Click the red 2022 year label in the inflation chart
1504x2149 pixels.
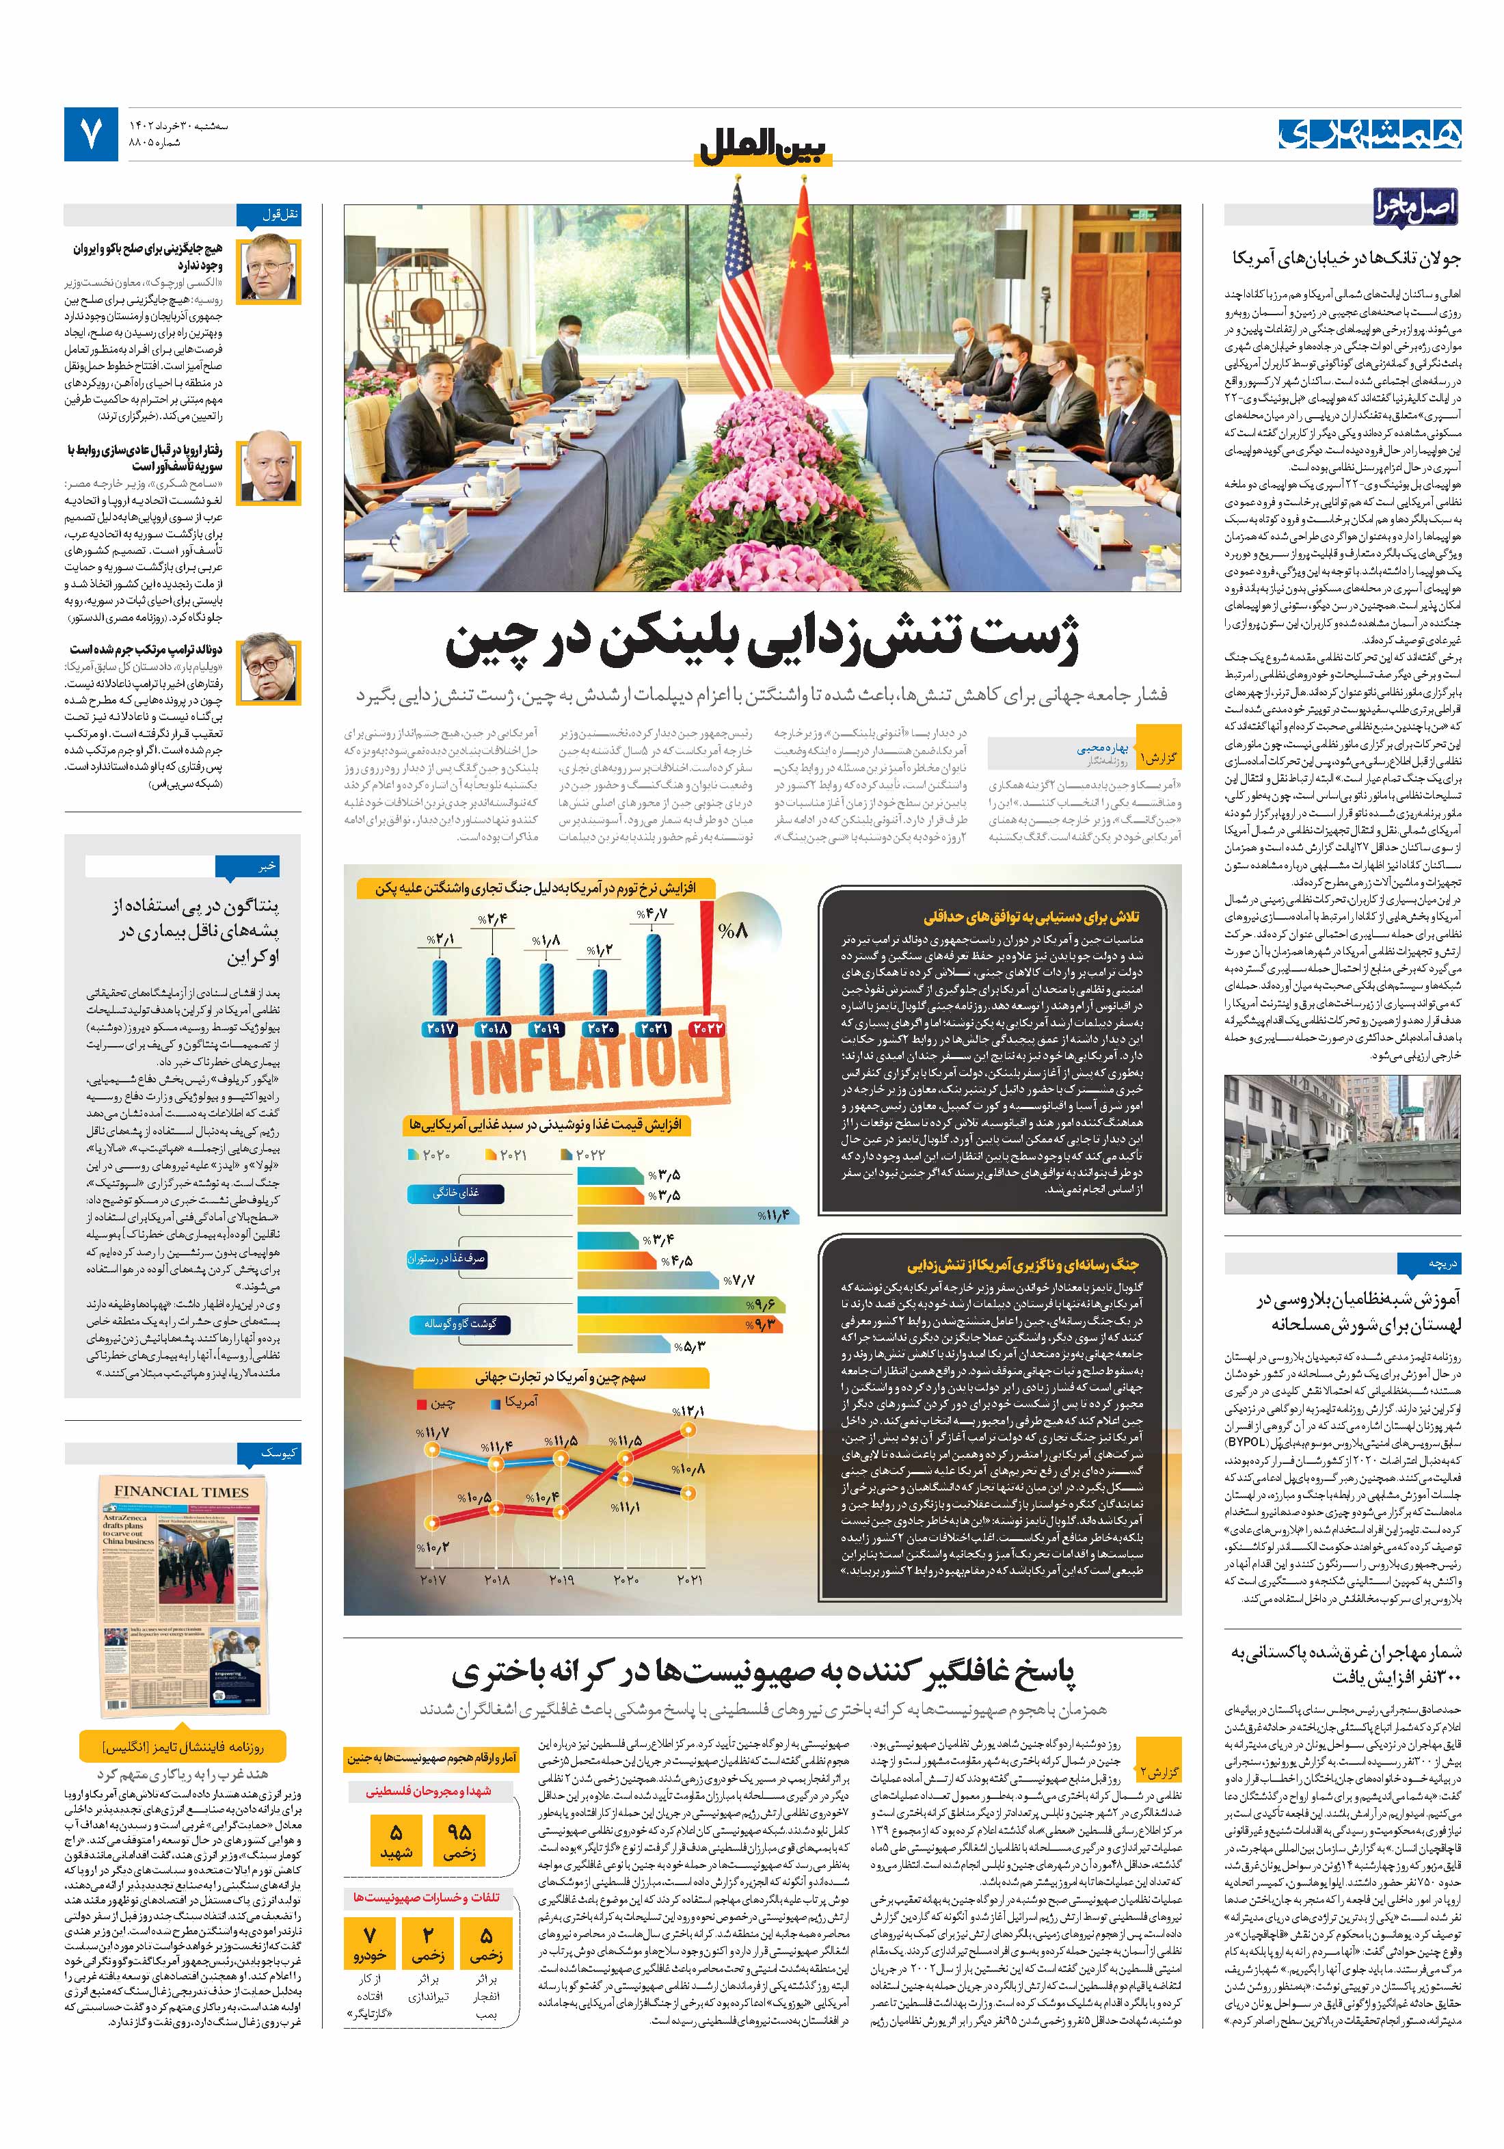tap(708, 1028)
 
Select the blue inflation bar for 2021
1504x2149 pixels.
tap(654, 974)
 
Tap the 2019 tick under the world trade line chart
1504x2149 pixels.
tap(560, 1581)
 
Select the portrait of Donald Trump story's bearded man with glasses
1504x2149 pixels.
tap(269, 670)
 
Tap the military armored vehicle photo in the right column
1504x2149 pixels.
tap(1342, 1144)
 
